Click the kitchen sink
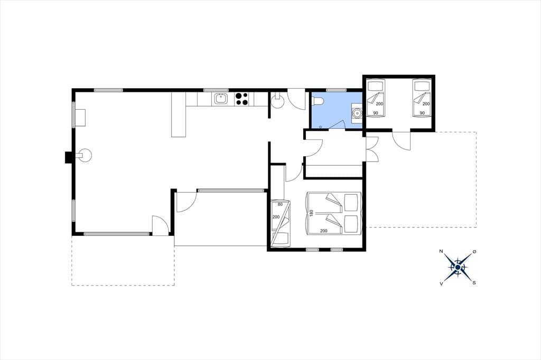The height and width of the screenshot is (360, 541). pos(221,99)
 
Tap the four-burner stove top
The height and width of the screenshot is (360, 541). pos(242,99)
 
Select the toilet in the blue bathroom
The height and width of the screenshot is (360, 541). pos(318,101)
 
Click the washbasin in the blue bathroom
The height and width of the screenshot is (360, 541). pos(357,112)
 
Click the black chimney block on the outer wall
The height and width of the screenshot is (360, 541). pos(68,158)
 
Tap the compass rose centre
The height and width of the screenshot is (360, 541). pos(458,267)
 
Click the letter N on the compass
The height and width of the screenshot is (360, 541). pos(441,251)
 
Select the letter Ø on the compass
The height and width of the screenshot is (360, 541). pos(474,252)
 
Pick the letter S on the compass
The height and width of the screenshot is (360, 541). pos(474,283)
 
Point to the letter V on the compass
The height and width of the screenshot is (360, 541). pos(441,283)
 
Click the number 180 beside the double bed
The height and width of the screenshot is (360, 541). pos(311,213)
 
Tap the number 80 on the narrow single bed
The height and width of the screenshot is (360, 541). pos(280,204)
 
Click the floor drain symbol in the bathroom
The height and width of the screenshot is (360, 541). pos(321,127)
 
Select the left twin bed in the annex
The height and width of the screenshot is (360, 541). pos(376,98)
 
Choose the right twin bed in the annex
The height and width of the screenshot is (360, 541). pos(422,98)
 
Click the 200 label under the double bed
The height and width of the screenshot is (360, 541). pos(324,231)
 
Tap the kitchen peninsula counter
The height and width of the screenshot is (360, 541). pos(179,115)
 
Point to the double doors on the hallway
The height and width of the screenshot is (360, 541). pos(372,149)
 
